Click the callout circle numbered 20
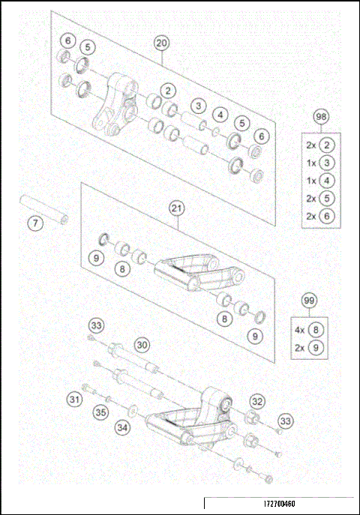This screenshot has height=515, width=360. coord(161,43)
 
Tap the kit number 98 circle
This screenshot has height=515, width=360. coord(321,118)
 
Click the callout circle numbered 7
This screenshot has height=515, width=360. coord(33,223)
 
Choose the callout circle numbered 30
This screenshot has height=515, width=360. coord(142,344)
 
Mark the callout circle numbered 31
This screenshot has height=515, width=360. coord(73,399)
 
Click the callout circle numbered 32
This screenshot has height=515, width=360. coord(257,400)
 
